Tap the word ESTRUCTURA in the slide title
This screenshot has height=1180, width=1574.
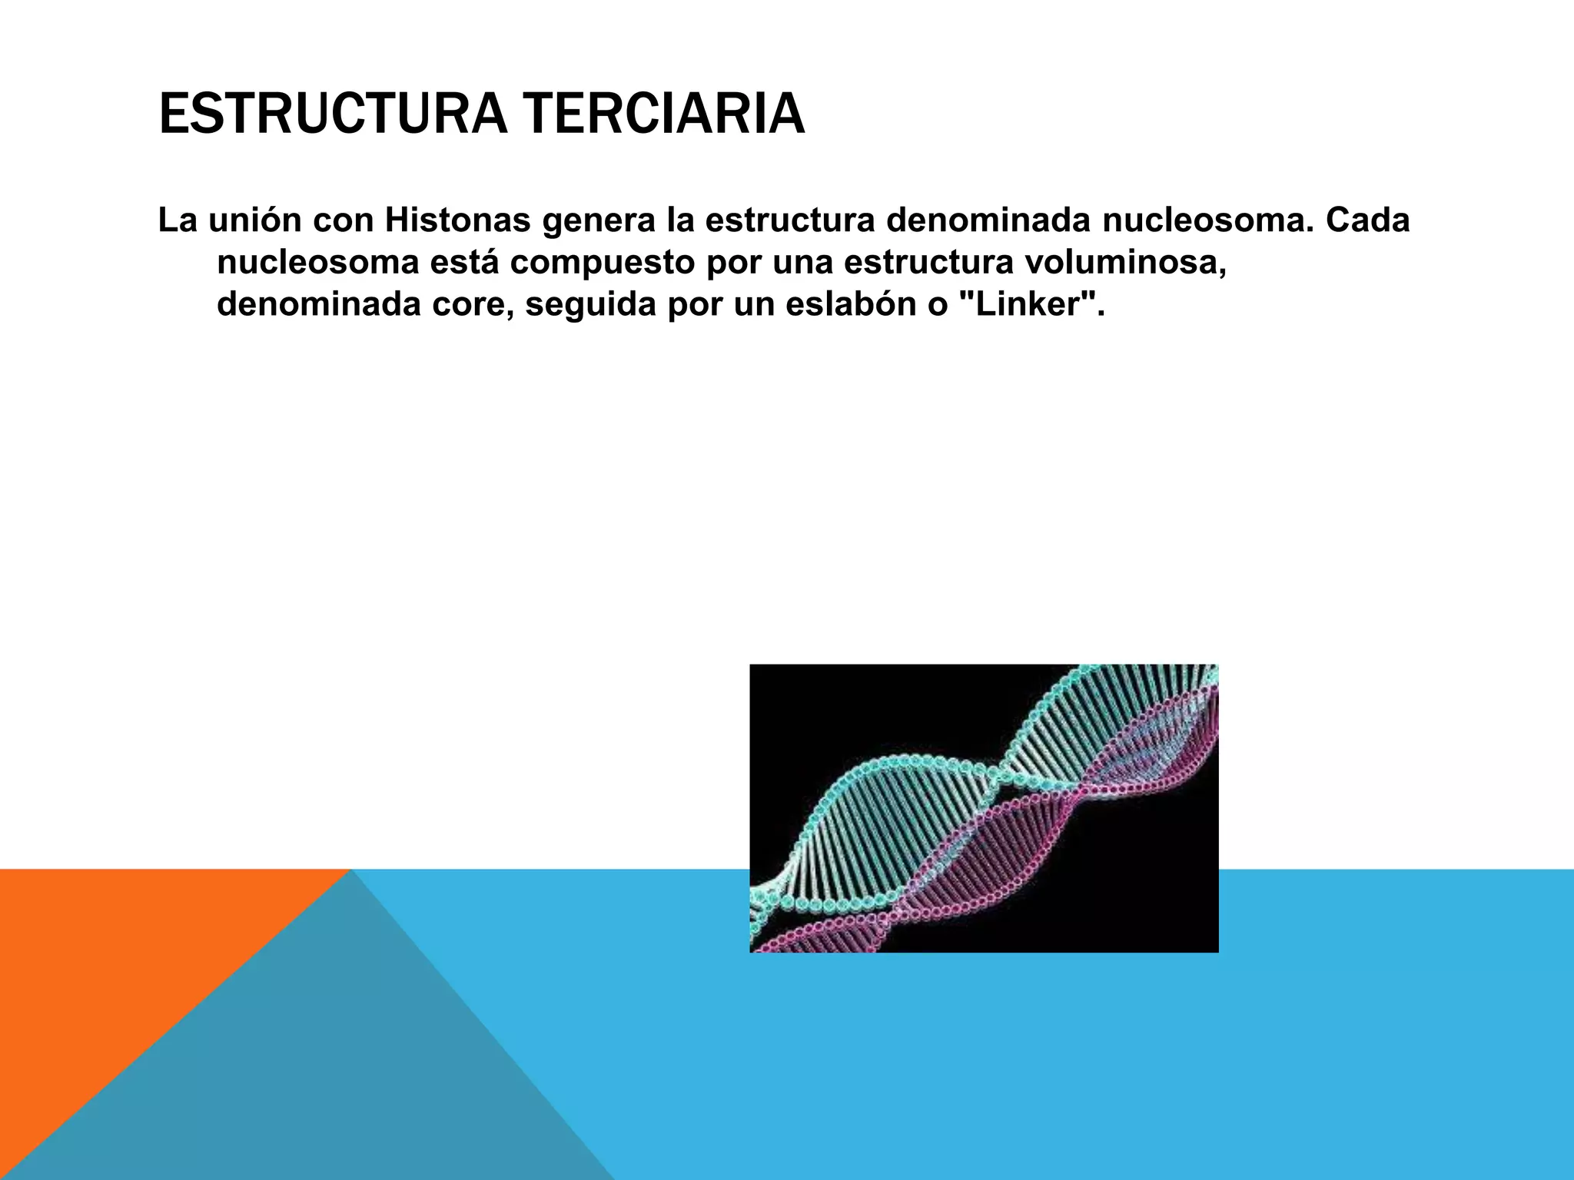pos(332,114)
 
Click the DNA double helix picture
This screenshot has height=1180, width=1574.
pos(984,808)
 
